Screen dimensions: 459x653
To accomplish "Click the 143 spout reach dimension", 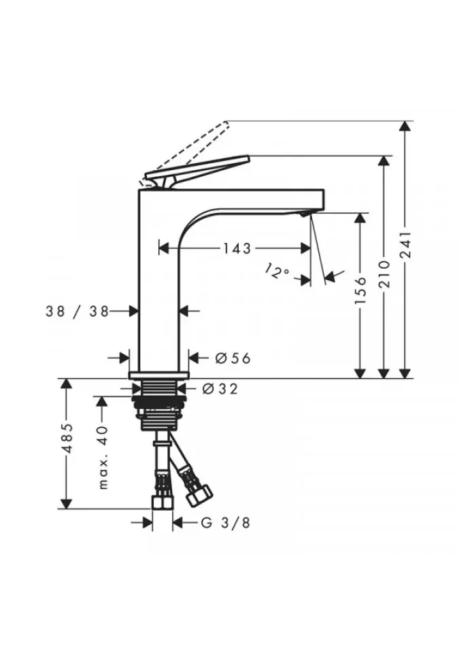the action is click(x=237, y=249).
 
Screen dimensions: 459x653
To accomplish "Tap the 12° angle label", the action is click(x=277, y=271).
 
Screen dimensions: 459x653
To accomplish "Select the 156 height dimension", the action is click(x=360, y=290).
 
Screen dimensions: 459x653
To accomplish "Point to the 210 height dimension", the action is click(x=384, y=274).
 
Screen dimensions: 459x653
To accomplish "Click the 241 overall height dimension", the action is click(x=406, y=245).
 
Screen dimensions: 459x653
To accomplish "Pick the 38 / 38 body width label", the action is click(x=77, y=311).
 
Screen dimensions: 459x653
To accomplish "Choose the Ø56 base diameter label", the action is click(x=233, y=358).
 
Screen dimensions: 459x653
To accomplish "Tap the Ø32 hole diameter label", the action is click(x=220, y=388).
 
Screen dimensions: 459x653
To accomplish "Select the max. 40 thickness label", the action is click(x=103, y=457).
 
